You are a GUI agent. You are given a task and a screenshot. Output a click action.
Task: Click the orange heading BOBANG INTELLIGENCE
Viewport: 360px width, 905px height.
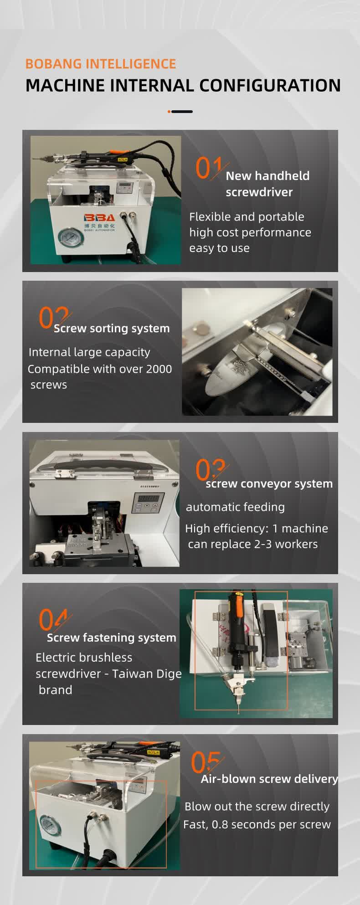pyautogui.click(x=101, y=64)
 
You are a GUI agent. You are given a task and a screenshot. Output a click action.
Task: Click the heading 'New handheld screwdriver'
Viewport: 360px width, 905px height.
pyautogui.click(x=267, y=184)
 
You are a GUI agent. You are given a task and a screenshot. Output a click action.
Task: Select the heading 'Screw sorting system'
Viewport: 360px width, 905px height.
pyautogui.click(x=112, y=328)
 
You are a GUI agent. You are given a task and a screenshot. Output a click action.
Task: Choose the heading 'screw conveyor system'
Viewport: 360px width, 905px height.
pyautogui.click(x=269, y=483)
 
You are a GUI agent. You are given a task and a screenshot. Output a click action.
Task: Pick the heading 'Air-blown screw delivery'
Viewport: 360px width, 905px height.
pyautogui.click(x=269, y=779)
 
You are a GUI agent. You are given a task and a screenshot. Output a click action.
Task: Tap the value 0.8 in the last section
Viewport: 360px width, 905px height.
pyautogui.click(x=219, y=824)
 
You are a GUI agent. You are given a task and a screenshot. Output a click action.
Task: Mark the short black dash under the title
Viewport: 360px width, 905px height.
pyautogui.click(x=182, y=112)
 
